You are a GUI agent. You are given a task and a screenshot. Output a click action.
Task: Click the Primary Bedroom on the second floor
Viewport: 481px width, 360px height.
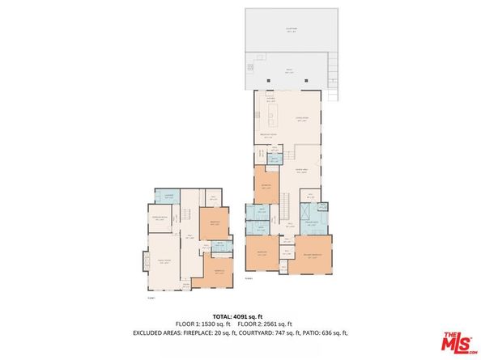312,257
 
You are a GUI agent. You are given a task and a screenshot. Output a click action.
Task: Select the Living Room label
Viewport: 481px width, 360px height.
303,118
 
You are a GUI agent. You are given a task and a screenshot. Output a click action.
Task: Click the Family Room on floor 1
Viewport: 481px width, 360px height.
163,260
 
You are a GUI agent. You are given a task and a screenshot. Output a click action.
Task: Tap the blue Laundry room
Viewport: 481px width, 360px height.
169,196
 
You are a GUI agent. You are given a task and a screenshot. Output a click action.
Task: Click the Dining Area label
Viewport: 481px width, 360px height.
302,171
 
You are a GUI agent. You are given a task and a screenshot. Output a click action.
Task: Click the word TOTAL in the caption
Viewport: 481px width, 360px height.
223,316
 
